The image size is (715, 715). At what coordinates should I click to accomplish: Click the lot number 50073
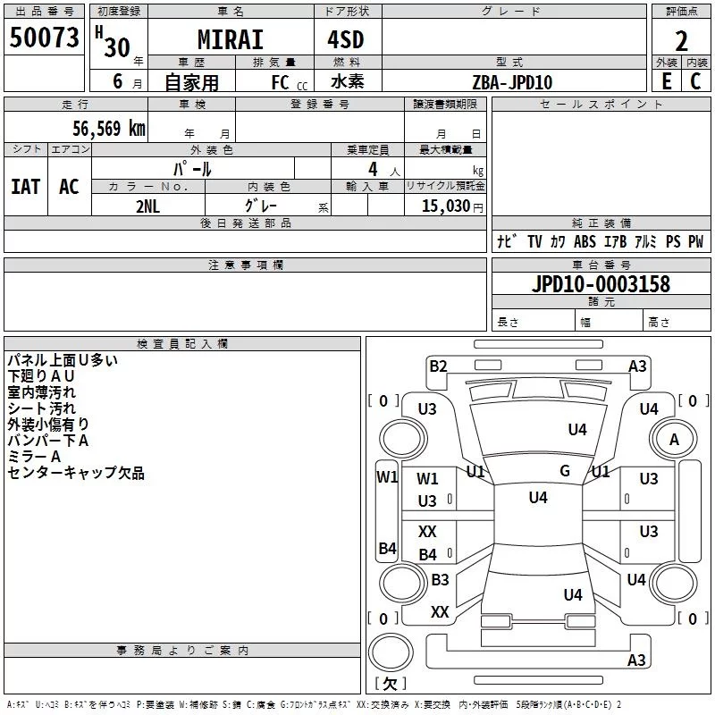tap(44, 38)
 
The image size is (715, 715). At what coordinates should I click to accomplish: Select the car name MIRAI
tap(231, 39)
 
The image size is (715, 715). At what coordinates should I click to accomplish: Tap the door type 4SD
tap(346, 39)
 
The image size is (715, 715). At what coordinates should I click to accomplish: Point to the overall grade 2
tap(681, 41)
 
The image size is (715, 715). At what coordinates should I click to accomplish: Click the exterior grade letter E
tap(667, 81)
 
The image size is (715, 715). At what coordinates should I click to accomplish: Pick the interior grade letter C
tap(695, 81)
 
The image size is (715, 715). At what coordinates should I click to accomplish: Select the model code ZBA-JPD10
tap(512, 82)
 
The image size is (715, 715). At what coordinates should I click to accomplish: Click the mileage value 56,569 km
tap(109, 129)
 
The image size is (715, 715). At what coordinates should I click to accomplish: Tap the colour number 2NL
tap(147, 206)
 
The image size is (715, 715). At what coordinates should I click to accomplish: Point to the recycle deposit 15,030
tap(445, 206)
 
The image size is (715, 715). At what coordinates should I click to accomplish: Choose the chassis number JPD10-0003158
tap(601, 284)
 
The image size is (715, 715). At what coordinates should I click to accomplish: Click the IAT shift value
tap(26, 187)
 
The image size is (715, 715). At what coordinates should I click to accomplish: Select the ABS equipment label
tap(585, 241)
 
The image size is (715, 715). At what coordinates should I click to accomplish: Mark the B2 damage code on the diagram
tap(438, 366)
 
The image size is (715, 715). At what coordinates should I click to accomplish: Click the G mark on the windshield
tap(565, 471)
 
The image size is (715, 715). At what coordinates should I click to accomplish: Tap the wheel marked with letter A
tap(674, 439)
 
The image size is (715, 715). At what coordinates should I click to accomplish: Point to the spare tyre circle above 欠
tap(391, 652)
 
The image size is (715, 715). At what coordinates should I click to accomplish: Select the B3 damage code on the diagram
tap(440, 579)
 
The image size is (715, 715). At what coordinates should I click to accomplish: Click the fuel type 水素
tap(347, 81)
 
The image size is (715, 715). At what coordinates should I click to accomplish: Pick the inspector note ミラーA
tap(34, 457)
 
